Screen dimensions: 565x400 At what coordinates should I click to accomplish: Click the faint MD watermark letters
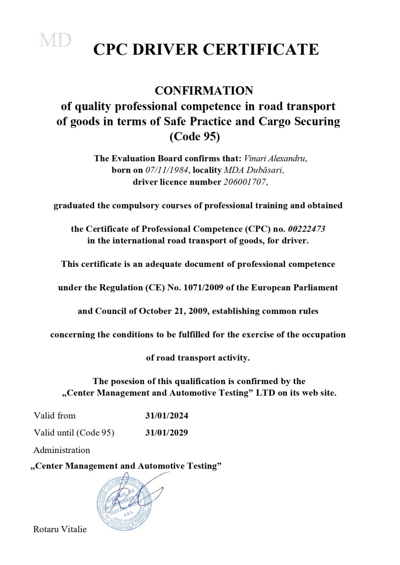pyautogui.click(x=55, y=40)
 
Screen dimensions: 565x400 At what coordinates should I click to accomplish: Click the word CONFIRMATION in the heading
pyautogui.click(x=204, y=90)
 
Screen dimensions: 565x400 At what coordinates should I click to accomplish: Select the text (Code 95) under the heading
pyautogui.click(x=199, y=137)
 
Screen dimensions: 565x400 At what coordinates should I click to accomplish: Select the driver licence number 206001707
pyautogui.click(x=244, y=182)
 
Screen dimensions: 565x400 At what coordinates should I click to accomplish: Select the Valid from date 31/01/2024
pyautogui.click(x=167, y=416)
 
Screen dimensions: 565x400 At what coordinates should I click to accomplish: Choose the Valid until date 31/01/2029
pyautogui.click(x=166, y=433)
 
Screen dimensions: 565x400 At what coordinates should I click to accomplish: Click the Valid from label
pyautogui.click(x=54, y=416)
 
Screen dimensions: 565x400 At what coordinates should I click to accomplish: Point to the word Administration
pyautogui.click(x=62, y=450)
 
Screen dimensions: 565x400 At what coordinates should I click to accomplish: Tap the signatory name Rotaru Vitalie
pyautogui.click(x=60, y=529)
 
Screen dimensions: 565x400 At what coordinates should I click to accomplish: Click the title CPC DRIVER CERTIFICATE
pyautogui.click(x=206, y=49)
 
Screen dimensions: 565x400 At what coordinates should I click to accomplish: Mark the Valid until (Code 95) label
pyautogui.click(x=74, y=433)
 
